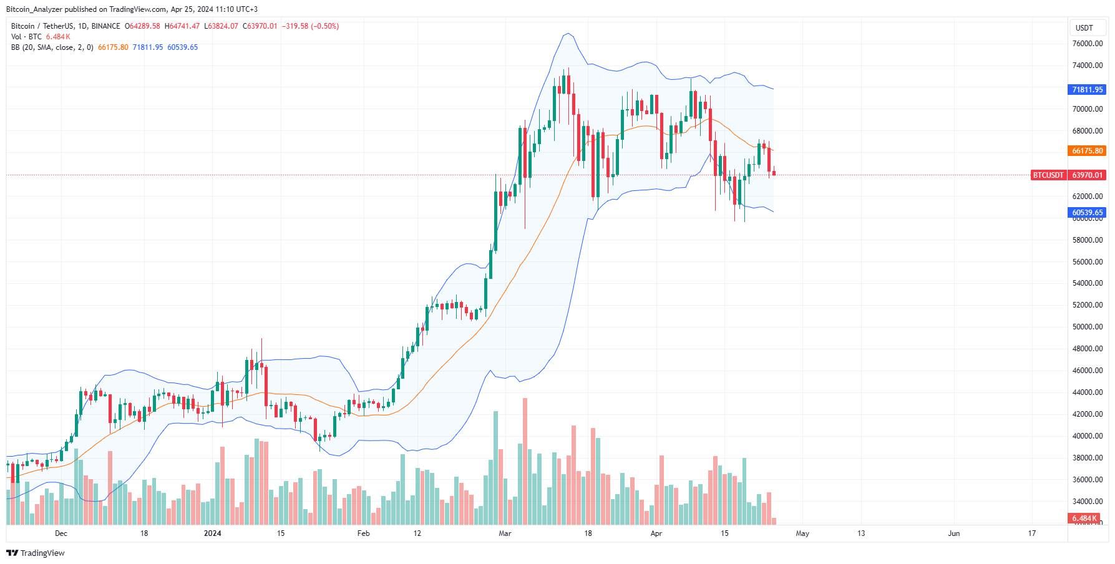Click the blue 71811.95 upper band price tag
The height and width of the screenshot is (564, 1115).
[1087, 90]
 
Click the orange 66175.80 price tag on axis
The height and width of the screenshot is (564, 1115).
[1087, 151]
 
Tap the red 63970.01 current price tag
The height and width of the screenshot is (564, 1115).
[1087, 175]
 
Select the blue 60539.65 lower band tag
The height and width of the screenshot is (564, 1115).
[1087, 213]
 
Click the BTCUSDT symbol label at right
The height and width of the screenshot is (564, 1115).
[1048, 175]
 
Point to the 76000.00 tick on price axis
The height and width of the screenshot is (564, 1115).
[1087, 44]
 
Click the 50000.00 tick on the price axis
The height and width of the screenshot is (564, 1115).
[1087, 327]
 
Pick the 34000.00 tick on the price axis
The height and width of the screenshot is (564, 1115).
[1087, 502]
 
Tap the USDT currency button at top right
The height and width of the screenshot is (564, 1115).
[1084, 27]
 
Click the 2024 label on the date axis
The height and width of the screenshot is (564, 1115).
[213, 533]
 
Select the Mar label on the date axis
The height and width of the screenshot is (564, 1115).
[505, 533]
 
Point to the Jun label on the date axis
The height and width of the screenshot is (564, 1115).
[953, 533]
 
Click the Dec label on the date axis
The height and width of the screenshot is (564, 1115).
[61, 533]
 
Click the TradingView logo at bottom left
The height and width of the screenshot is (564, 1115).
[36, 553]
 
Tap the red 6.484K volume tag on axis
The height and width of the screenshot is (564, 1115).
[1084, 518]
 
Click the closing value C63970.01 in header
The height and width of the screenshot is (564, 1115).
[260, 26]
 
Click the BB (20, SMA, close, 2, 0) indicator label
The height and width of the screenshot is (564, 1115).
[52, 47]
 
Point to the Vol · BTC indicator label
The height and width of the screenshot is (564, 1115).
[26, 37]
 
